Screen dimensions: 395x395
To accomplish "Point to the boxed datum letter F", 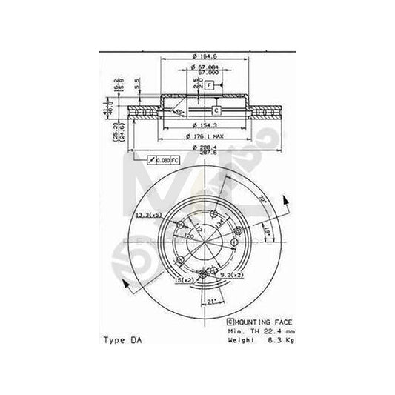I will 210,85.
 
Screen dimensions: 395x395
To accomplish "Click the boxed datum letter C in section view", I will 215,110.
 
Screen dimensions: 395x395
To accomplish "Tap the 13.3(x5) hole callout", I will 147,215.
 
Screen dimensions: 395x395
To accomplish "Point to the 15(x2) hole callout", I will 184,281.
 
